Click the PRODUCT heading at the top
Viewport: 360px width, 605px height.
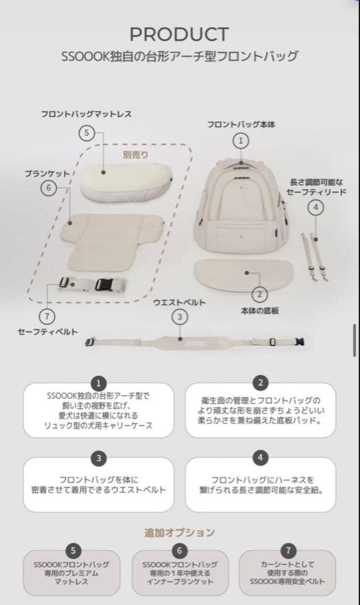[x=179, y=34]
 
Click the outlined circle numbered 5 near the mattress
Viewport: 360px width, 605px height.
[x=86, y=133]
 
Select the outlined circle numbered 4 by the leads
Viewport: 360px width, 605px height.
[x=316, y=207]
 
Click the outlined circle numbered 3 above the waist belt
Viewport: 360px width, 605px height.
[x=179, y=317]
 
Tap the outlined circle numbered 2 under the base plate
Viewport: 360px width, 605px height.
[x=259, y=294]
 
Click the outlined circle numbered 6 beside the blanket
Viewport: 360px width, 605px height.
[x=48, y=188]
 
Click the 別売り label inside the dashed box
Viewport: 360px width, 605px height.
[x=135, y=155]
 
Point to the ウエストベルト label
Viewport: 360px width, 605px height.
[x=179, y=302]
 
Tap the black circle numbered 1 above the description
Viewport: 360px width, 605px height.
[x=99, y=383]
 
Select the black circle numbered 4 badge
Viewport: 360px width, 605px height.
[x=260, y=458]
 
